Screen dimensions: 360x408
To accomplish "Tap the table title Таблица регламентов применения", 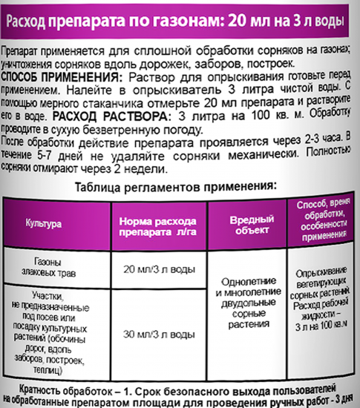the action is click(x=179, y=182).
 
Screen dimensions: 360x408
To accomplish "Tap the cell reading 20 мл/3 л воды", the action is click(x=155, y=268).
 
